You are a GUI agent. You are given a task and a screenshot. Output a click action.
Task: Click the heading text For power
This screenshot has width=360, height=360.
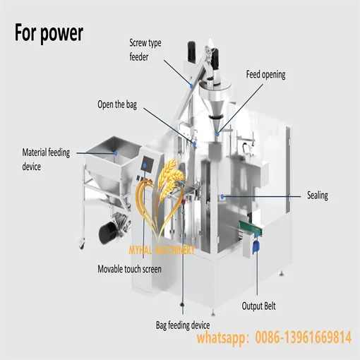(49, 32)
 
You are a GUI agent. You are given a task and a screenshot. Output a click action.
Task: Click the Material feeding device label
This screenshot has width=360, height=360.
(46, 158)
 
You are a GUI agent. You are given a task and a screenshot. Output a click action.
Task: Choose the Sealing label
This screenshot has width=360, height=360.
(317, 196)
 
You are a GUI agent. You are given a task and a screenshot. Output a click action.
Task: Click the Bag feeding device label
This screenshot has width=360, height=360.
(183, 325)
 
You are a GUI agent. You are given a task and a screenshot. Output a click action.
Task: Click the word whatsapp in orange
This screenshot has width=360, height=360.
(223, 340)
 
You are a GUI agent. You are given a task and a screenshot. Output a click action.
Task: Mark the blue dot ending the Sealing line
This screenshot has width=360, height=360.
(222, 196)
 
